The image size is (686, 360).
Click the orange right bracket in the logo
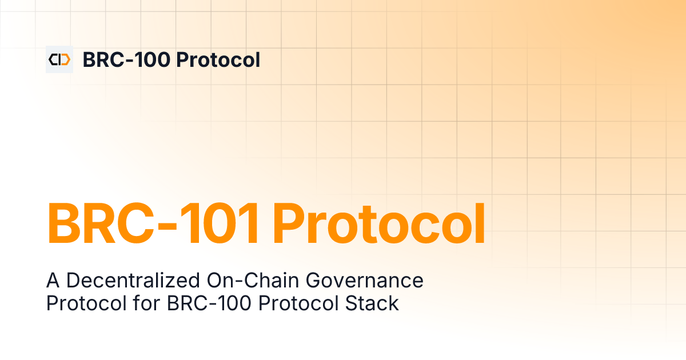(65, 59)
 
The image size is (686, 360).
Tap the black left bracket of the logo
(53, 59)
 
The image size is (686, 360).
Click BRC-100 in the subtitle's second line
(208, 303)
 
